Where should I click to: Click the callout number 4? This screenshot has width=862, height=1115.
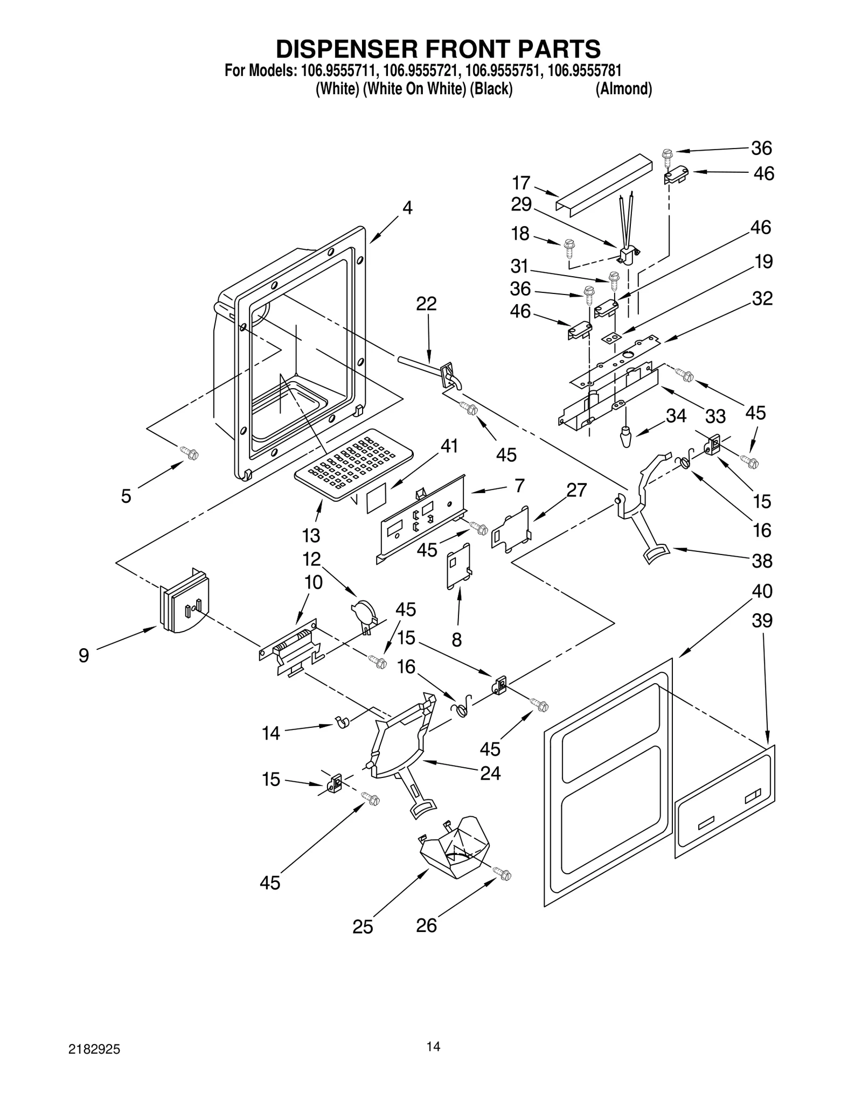point(407,208)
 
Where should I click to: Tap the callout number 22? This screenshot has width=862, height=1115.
point(426,304)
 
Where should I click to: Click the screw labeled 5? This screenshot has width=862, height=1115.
point(190,453)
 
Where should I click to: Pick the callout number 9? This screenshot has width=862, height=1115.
point(84,655)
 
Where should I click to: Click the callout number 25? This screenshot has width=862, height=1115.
point(363,927)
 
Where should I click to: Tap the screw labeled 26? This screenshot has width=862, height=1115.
point(503,875)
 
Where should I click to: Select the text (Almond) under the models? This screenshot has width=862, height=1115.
point(623,89)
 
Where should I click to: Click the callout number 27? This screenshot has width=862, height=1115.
point(576,490)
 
